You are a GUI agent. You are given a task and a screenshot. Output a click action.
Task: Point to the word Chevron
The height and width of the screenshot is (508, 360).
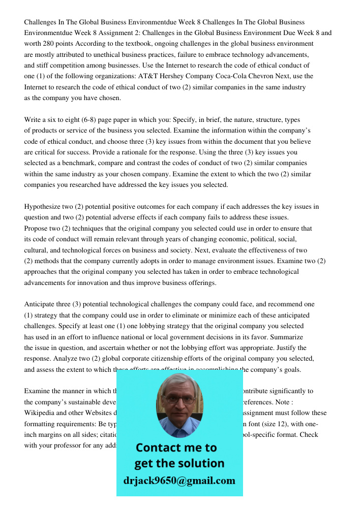(285, 76)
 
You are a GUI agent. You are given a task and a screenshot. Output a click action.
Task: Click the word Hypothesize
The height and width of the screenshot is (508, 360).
(44, 207)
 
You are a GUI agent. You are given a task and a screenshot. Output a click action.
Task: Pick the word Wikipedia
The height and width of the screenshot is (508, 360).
(40, 413)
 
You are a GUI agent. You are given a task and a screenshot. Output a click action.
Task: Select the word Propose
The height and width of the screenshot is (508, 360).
(36, 229)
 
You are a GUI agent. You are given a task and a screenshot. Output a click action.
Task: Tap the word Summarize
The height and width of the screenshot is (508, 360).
(287, 337)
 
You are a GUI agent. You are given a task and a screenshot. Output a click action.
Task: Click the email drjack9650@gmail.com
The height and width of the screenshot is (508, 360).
(179, 481)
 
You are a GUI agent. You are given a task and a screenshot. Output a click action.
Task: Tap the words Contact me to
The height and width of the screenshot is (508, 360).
(176, 448)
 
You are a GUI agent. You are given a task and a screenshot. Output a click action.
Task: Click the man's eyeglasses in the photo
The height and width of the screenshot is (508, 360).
(179, 399)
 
